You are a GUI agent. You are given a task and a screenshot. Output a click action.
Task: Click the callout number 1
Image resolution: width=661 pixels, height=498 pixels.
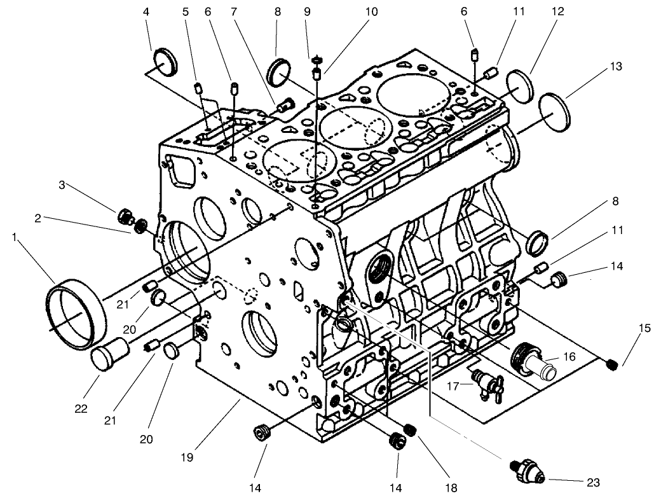[x=14, y=236]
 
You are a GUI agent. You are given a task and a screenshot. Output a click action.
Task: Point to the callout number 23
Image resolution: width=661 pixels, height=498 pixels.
[x=594, y=482]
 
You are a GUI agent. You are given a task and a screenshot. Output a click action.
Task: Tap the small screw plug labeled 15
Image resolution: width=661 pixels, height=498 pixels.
[x=612, y=364]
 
